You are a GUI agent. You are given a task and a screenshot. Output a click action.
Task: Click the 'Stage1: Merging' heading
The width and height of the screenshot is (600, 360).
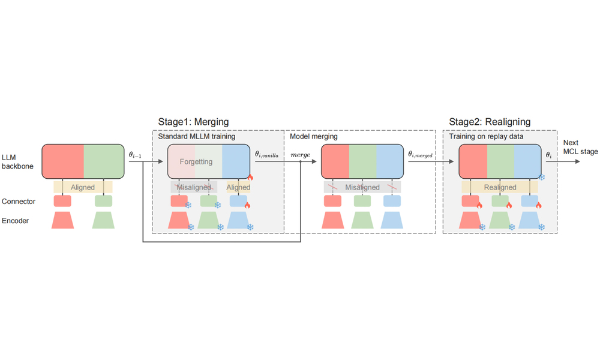(193, 122)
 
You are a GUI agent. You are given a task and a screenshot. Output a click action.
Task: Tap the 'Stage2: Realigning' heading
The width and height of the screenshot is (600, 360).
(490, 122)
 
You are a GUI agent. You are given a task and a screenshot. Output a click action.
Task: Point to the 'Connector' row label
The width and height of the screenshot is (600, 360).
(19, 202)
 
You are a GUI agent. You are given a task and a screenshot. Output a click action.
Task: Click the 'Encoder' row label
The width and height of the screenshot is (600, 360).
(17, 221)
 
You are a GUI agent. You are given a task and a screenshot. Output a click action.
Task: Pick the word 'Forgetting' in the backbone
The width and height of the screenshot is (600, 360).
(196, 162)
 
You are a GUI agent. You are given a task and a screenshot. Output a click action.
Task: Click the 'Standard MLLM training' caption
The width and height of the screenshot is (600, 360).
(196, 137)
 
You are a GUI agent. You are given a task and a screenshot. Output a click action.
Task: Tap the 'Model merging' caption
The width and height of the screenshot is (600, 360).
(313, 137)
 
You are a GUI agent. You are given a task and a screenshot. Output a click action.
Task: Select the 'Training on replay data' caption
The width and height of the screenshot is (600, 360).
(487, 137)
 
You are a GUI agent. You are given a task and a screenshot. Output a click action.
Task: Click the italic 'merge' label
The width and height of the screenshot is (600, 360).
(300, 155)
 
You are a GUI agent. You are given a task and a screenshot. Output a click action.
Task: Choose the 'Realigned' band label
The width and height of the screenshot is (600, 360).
(500, 187)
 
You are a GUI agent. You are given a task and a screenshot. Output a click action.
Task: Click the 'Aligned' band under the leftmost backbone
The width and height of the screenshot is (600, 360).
(83, 187)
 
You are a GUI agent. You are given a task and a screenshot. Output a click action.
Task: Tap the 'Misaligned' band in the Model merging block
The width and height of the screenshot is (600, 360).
(362, 187)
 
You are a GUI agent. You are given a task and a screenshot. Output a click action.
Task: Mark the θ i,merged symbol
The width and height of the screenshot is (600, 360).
(420, 155)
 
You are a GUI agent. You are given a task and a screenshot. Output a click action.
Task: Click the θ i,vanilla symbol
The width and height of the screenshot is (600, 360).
(267, 155)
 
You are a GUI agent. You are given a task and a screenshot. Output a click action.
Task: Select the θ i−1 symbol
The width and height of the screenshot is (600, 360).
(135, 155)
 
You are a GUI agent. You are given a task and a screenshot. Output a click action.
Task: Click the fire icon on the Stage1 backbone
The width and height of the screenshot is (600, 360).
(250, 178)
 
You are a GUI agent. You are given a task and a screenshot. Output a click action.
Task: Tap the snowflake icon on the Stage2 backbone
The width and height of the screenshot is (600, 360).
(542, 178)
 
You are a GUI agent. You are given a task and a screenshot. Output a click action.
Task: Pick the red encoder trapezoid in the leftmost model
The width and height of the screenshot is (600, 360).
(62, 220)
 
